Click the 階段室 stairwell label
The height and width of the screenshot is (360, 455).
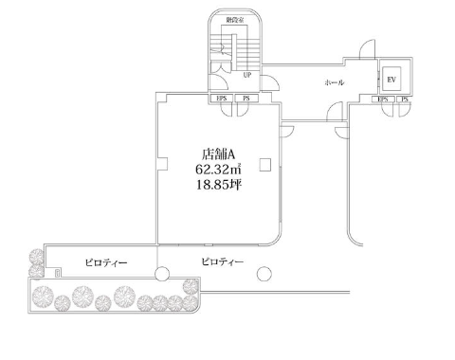coord(235,20)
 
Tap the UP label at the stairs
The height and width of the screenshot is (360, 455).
coord(247,75)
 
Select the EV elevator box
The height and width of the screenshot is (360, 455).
coord(391,80)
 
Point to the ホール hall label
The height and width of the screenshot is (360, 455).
coord(335,82)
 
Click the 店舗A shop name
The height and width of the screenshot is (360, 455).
coord(218,154)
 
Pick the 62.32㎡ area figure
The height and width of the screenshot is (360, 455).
coord(218,169)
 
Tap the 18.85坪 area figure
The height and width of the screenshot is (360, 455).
coord(219,185)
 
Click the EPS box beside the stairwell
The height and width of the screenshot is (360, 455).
coord(222,99)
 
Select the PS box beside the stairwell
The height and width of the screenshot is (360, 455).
coord(246,99)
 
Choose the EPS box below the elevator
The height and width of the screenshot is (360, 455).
coord(383,99)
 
